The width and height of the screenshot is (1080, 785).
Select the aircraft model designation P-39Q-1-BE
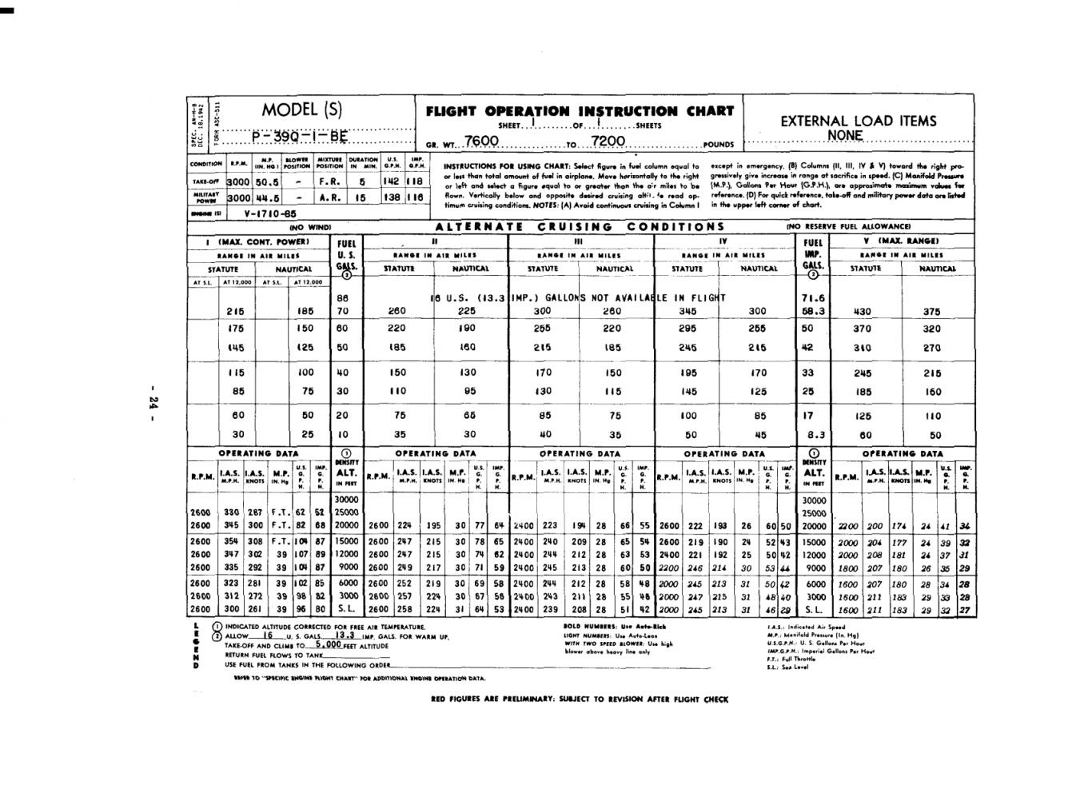pos(300,136)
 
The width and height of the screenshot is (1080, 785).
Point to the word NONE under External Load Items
pos(845,135)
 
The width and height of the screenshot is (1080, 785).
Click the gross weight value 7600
pos(481,141)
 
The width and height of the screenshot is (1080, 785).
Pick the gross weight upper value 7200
pos(608,141)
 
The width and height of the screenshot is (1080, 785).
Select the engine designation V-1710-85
pos(270,213)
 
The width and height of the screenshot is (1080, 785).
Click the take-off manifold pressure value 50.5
pos(267,181)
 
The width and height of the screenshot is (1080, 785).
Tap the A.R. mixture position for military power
pos(330,197)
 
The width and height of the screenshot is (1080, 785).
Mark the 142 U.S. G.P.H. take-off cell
pos(391,181)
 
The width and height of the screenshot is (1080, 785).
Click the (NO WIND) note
pos(310,227)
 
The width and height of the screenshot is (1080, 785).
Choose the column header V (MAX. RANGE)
pos(901,241)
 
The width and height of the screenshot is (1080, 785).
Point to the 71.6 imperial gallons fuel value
pos(812,297)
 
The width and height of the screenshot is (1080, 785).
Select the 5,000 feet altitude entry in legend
pos(328,644)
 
